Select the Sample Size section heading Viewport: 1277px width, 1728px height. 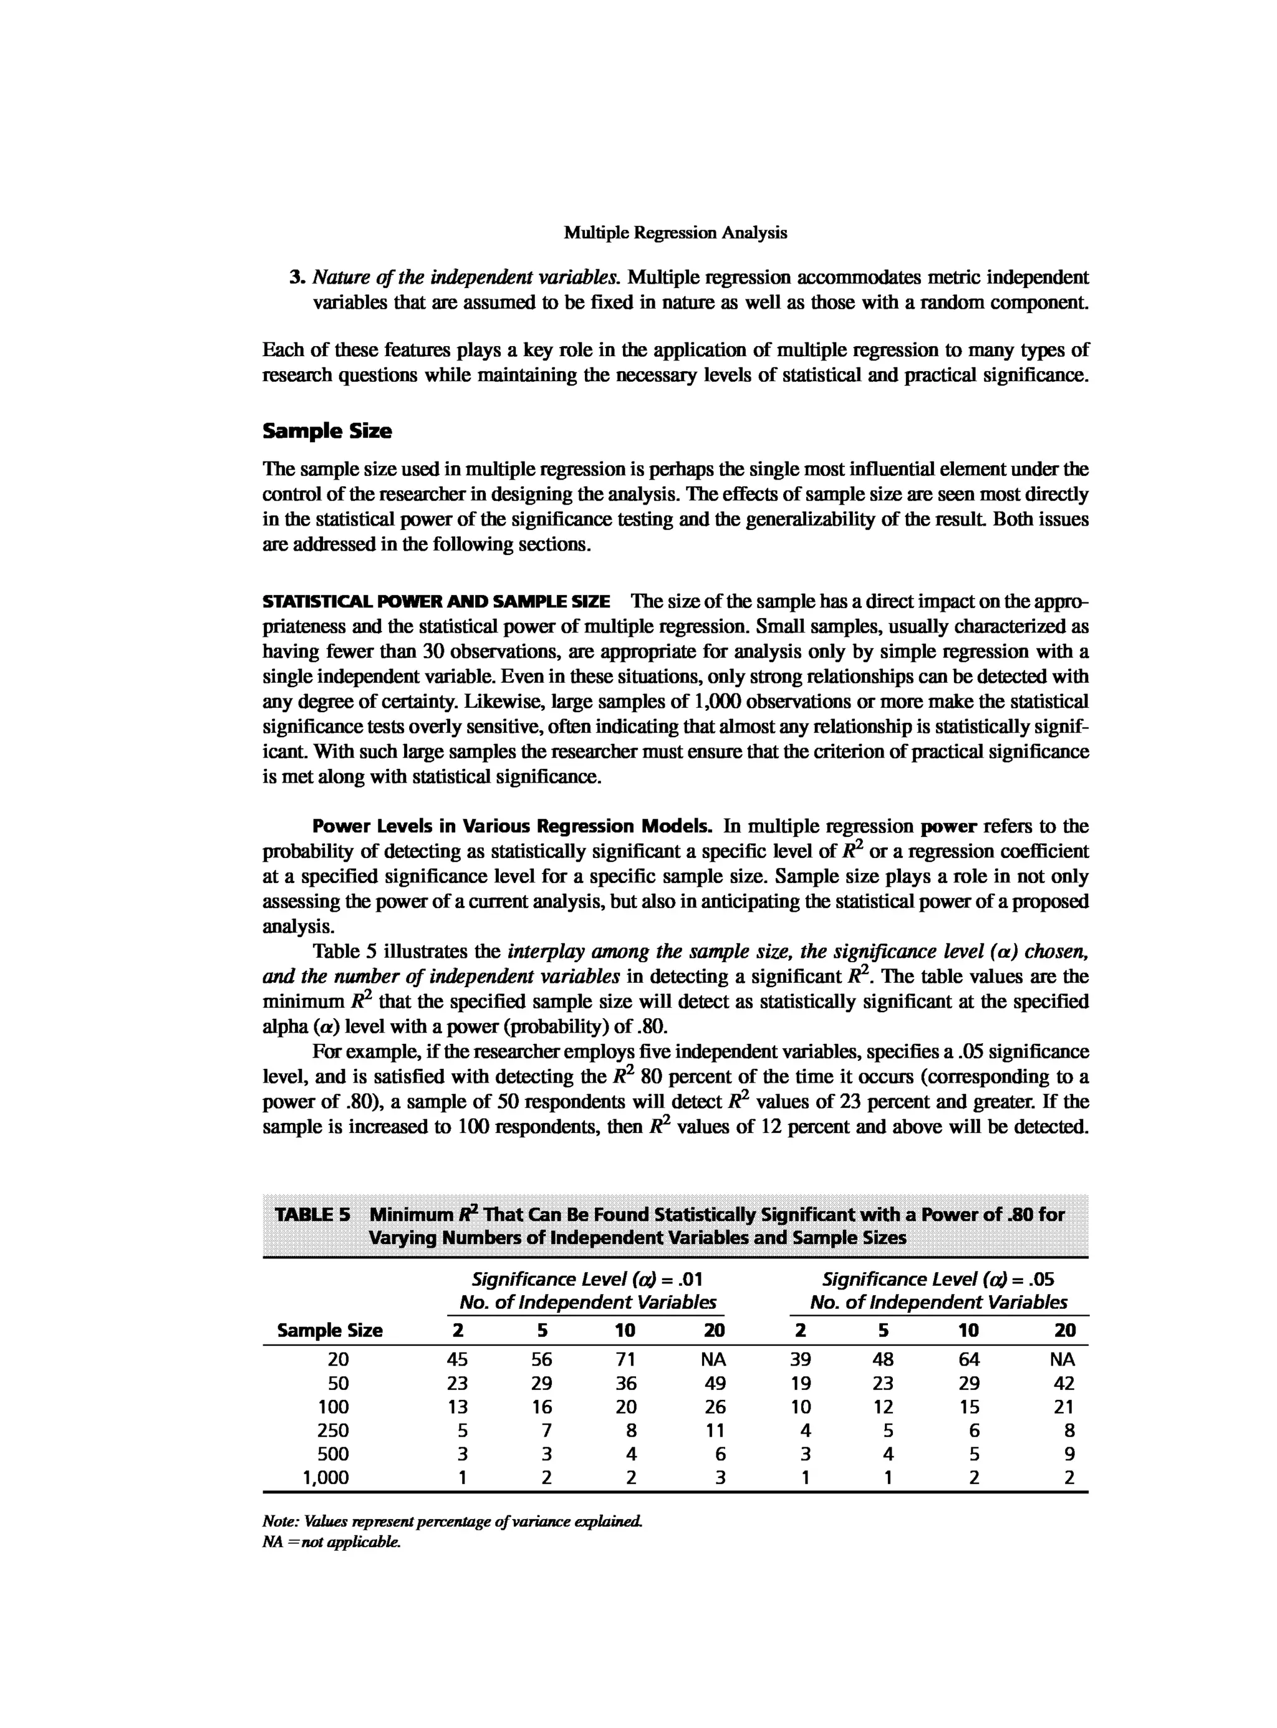click(327, 432)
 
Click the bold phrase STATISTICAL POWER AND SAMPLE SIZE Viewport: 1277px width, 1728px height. click(436, 602)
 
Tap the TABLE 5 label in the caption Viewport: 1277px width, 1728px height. click(313, 1214)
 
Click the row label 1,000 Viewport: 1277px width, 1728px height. click(325, 1477)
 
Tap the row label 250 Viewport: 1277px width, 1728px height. click(333, 1431)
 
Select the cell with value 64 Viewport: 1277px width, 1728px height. click(968, 1359)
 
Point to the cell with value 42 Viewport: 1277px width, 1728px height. click(1064, 1383)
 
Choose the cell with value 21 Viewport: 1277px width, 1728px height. click(1064, 1406)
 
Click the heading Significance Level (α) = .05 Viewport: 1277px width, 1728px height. click(938, 1280)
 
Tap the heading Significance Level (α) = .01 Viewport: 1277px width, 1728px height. click(587, 1280)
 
